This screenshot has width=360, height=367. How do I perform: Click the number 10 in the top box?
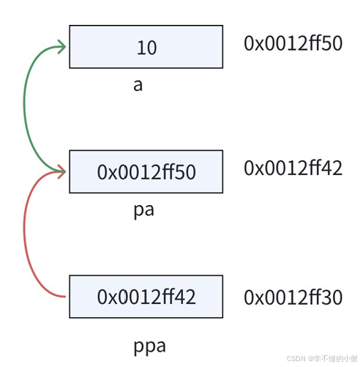click(147, 48)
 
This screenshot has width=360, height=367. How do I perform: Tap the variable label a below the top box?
click(138, 86)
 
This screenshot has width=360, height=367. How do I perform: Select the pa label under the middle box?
click(144, 211)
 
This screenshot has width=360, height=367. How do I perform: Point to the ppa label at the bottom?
click(149, 347)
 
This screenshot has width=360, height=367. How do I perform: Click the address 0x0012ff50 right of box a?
click(293, 43)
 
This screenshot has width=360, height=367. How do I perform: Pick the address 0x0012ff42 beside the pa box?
click(293, 168)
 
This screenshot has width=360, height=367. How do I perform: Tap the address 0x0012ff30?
click(293, 297)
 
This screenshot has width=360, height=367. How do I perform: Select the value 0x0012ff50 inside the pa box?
click(146, 172)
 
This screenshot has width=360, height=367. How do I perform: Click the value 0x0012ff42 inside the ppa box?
click(146, 297)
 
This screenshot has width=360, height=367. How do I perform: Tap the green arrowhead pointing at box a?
click(62, 46)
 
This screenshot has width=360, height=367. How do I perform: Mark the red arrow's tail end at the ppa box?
click(65, 297)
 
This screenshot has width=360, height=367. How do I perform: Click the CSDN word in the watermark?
click(296, 358)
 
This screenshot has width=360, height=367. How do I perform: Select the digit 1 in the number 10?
click(140, 48)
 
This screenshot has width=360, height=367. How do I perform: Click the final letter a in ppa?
click(161, 346)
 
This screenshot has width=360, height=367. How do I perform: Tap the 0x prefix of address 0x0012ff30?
click(254, 297)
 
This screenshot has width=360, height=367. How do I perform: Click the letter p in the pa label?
click(138, 212)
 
